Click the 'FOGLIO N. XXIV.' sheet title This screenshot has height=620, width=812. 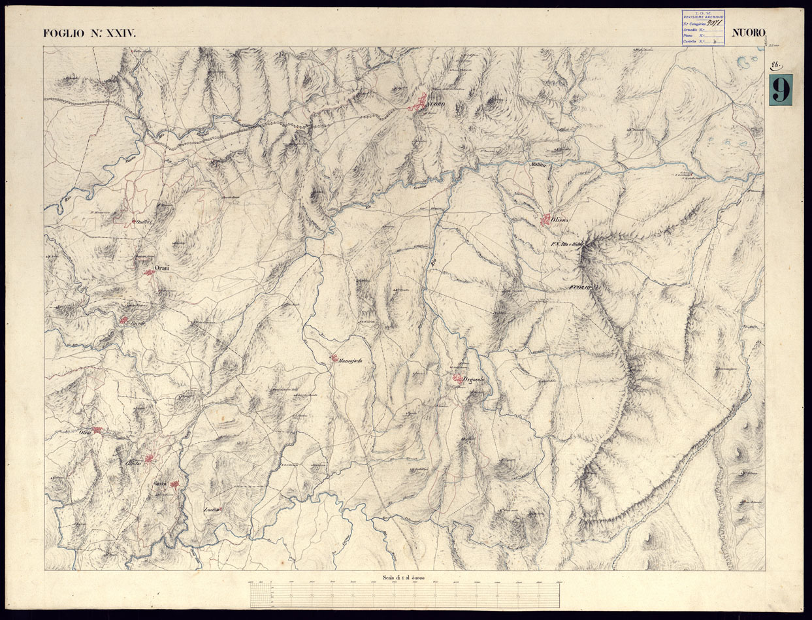click(89, 33)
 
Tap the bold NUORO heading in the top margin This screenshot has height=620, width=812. click(749, 33)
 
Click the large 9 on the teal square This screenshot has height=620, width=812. click(781, 90)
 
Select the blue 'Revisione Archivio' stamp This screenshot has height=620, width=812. click(706, 28)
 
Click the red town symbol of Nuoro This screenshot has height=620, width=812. click(416, 103)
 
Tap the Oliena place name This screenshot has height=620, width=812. click(561, 221)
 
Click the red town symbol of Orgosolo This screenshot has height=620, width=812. click(459, 378)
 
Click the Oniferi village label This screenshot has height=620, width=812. click(143, 221)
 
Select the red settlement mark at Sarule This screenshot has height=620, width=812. click(123, 320)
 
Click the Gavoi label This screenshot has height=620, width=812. click(161, 483)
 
